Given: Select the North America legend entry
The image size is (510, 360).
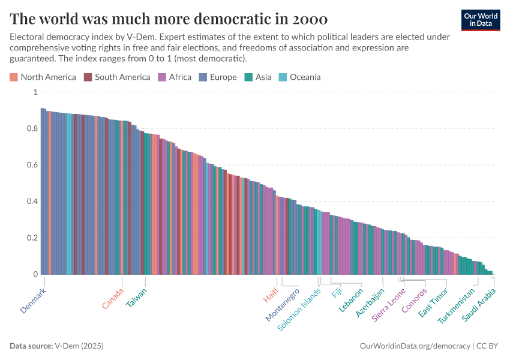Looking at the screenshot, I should click(x=43, y=77).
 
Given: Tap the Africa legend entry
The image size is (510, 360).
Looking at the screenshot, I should click(x=175, y=77).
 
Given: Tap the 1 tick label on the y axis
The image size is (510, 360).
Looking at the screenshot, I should click(x=35, y=92).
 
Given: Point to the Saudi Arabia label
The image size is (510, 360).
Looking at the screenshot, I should click(x=478, y=304).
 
